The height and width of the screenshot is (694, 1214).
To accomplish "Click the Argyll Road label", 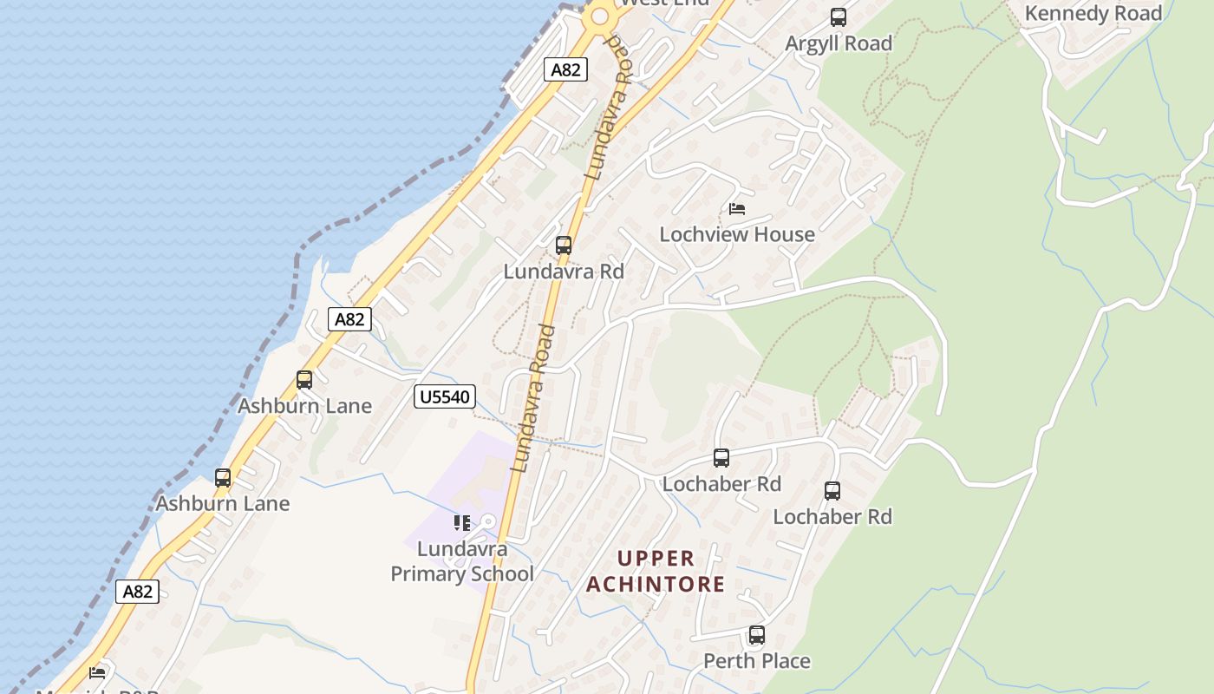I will tap(839, 43).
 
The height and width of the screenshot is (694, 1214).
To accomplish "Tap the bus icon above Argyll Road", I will tap(839, 17).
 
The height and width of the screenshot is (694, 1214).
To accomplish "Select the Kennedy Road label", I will tap(1093, 14).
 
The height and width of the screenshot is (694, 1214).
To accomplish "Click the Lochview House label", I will tap(737, 234).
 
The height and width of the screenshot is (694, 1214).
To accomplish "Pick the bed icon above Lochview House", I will tap(737, 209).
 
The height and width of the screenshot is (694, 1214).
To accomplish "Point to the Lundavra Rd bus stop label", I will tap(564, 272).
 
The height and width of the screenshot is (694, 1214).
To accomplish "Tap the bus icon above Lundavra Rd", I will tap(564, 246).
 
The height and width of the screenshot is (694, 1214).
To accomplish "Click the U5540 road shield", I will tap(446, 397).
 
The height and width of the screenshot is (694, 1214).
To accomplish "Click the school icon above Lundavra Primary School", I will tap(462, 523).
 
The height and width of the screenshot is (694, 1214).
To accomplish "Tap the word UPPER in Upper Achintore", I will tap(656, 559).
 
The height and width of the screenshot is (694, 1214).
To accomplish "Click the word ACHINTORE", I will tap(656, 584).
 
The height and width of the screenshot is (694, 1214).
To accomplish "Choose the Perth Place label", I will tap(757, 661).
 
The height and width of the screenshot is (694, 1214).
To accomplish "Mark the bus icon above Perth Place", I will tap(757, 635).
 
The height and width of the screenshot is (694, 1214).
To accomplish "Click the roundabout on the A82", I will tap(599, 16).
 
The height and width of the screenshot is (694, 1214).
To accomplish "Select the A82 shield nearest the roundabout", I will tap(565, 69).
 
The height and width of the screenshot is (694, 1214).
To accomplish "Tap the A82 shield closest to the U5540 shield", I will tap(349, 319).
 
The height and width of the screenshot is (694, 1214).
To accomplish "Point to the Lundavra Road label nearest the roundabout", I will tap(610, 108).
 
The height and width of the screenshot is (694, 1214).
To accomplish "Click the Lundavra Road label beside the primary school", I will tap(534, 399).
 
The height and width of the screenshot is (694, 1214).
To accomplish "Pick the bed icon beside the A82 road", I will tap(97, 672).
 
